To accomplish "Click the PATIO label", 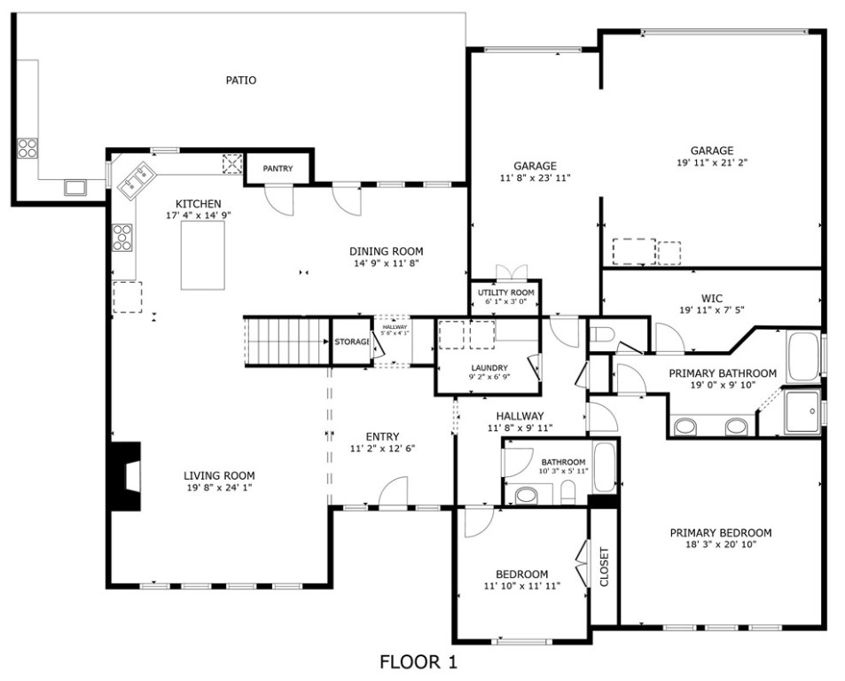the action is point(241,81).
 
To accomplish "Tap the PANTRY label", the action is point(278,168).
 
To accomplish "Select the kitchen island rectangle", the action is point(203,255).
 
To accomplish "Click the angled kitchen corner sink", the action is point(137,180).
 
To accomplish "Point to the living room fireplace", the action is point(126,476).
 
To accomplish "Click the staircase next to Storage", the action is point(287,341).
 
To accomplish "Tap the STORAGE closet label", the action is point(352,341).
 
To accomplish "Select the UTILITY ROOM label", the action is point(506,293).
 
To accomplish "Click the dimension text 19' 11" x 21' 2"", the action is point(712,162).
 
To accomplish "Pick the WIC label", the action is point(712,299).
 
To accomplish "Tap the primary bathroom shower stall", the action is point(803,411).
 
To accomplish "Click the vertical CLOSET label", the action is point(604,567).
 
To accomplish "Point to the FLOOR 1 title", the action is point(419,661).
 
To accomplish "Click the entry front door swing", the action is point(394,492).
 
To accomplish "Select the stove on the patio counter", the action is point(27,148).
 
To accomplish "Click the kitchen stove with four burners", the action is point(122,238).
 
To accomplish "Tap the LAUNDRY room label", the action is point(489,368).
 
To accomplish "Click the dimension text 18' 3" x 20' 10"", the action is point(721,544).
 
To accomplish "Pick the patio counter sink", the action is point(75,187).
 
